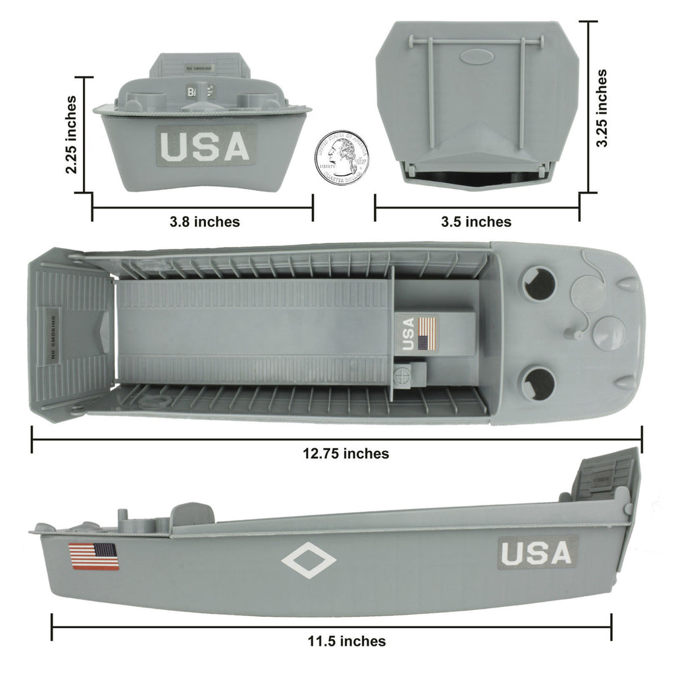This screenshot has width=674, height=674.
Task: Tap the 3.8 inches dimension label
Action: click(205, 222)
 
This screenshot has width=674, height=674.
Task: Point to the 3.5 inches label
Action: click(476, 222)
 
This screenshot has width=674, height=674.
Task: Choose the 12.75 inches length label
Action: click(346, 454)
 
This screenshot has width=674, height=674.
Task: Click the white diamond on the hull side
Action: click(308, 561)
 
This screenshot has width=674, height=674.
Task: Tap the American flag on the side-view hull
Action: click(93, 556)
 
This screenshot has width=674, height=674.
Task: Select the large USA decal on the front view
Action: click(206, 146)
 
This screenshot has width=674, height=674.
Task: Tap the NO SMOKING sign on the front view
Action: click(198, 67)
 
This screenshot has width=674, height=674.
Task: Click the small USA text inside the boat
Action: click(409, 333)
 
